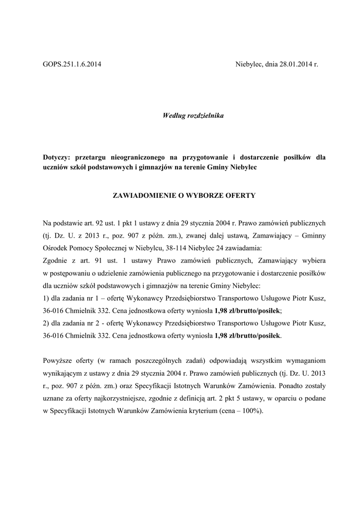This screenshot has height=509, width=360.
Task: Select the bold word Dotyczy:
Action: tap(57, 157)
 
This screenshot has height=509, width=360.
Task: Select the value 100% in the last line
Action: tap(251, 412)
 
